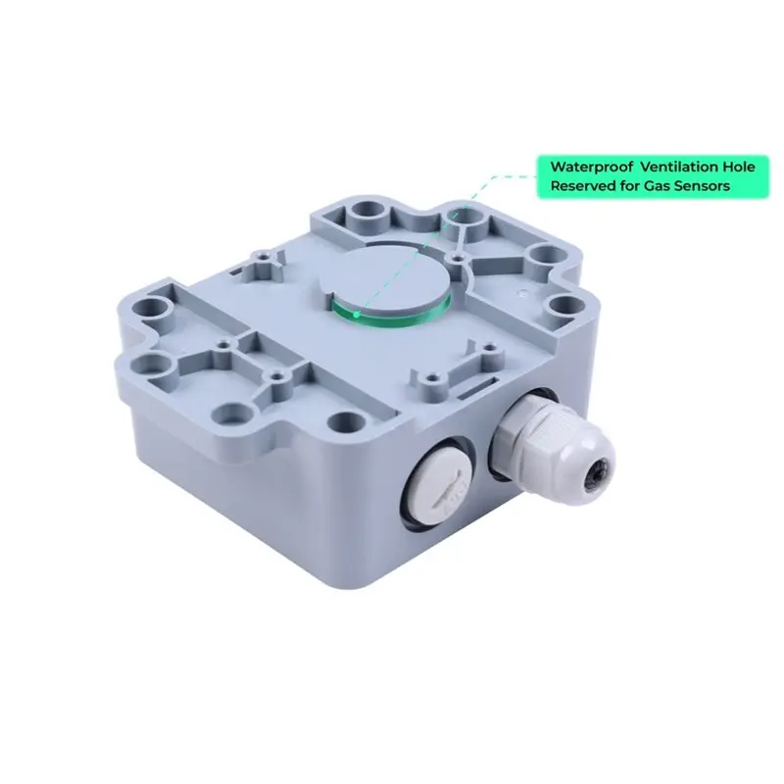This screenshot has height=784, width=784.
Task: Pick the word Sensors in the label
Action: coord(702,186)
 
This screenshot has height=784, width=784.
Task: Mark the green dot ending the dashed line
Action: coord(356,315)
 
